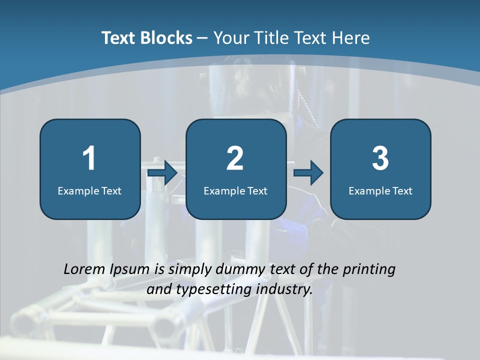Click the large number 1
[89, 158]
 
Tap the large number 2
[235, 158]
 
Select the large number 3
[380, 158]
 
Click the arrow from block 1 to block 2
[163, 172]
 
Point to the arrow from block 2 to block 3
[308, 172]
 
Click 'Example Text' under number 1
[89, 190]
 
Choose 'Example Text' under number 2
[235, 190]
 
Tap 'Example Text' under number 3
[380, 190]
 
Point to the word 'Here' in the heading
[352, 38]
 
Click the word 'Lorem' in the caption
[84, 269]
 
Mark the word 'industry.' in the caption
[284, 289]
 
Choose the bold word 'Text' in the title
[118, 38]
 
